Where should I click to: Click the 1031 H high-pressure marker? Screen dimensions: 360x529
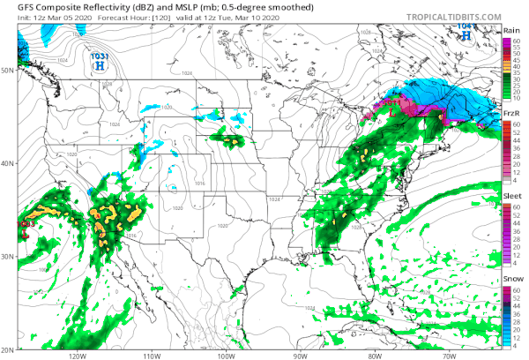[100, 61]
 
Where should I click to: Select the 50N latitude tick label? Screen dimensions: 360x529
[8, 69]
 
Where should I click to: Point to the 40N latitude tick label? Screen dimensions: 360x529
[8, 163]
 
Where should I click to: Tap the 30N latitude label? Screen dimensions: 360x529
[8, 257]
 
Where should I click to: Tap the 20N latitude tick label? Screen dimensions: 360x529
[8, 350]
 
